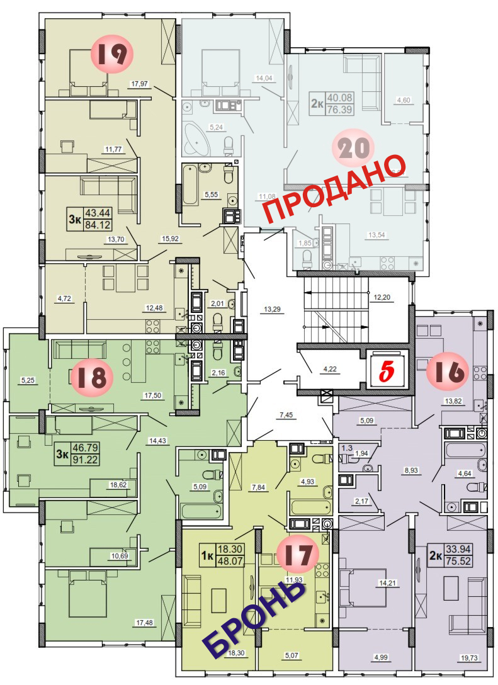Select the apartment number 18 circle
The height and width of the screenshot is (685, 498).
(x=92, y=376)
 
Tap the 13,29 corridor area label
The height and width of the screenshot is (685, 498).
(x=273, y=309)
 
